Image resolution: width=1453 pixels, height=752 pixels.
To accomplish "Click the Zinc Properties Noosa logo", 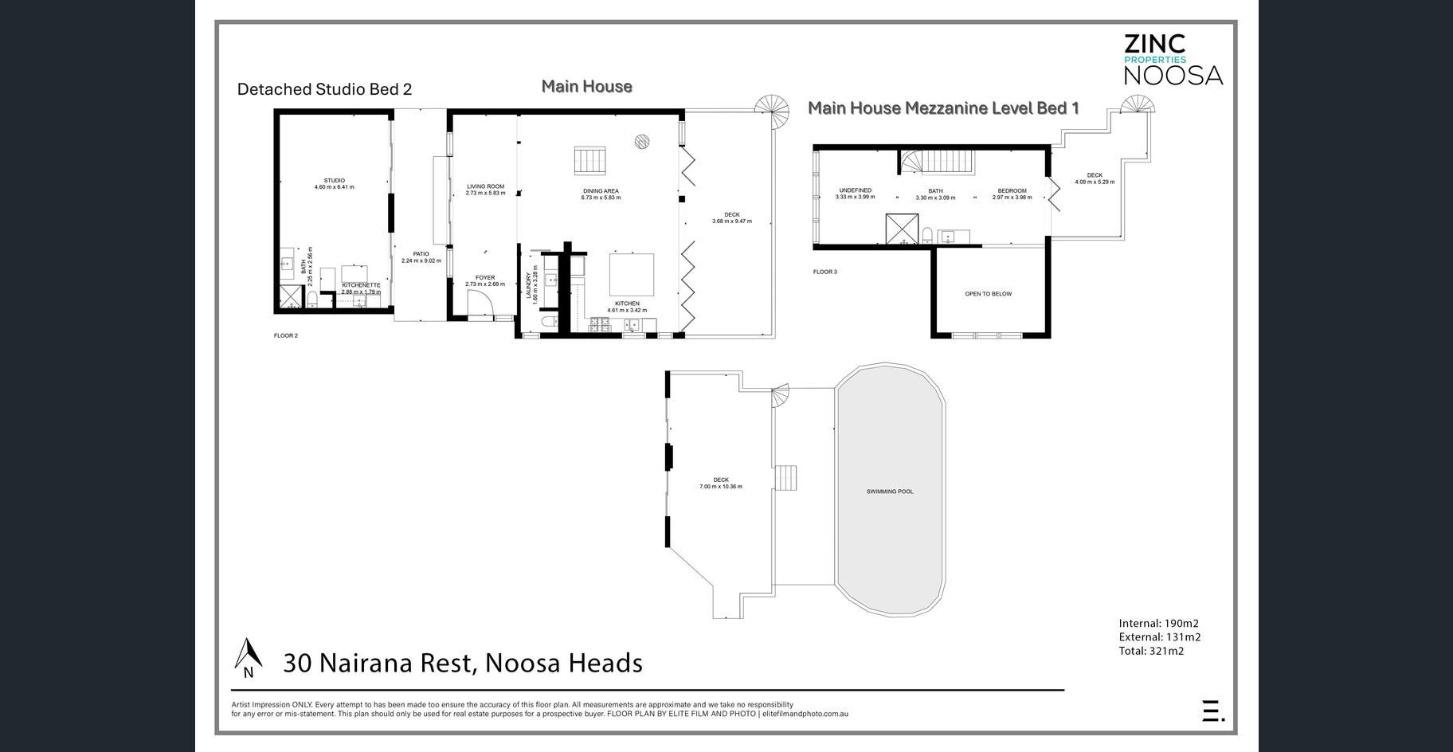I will pyautogui.click(x=1172, y=59).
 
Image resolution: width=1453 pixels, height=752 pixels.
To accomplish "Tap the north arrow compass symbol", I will pyautogui.click(x=249, y=656).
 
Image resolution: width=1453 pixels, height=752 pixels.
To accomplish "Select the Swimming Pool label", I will pyautogui.click(x=890, y=492).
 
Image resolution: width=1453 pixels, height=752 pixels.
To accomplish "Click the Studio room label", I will pyautogui.click(x=334, y=181).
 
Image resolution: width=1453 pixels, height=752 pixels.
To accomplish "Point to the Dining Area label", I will pyautogui.click(x=600, y=191).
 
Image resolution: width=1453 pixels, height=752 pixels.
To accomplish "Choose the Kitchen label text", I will pyautogui.click(x=627, y=304).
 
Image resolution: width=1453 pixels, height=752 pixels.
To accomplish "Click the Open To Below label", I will pyautogui.click(x=988, y=294).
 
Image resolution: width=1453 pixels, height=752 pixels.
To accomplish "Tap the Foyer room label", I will pyautogui.click(x=484, y=278).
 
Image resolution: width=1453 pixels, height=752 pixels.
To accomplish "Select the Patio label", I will pyautogui.click(x=421, y=254).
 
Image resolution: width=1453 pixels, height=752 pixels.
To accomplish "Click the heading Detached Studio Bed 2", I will pyautogui.click(x=324, y=89).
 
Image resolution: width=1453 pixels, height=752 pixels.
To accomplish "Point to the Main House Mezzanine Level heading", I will pyautogui.click(x=943, y=108).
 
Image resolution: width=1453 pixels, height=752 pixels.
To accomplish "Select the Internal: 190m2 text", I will pyautogui.click(x=1158, y=624).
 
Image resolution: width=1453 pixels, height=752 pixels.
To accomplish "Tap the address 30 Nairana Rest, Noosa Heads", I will pyautogui.click(x=463, y=663).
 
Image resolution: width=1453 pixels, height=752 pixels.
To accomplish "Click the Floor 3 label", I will pyautogui.click(x=824, y=272).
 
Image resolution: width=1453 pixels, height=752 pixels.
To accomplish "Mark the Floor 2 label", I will pyautogui.click(x=285, y=336).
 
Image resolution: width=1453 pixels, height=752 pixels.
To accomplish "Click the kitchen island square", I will pyautogui.click(x=632, y=274).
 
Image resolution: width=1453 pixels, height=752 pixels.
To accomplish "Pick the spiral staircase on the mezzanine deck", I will pyautogui.click(x=1138, y=105).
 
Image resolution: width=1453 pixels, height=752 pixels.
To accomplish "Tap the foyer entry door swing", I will pyautogui.click(x=480, y=304).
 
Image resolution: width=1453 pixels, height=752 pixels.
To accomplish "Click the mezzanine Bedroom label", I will pyautogui.click(x=1012, y=191).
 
